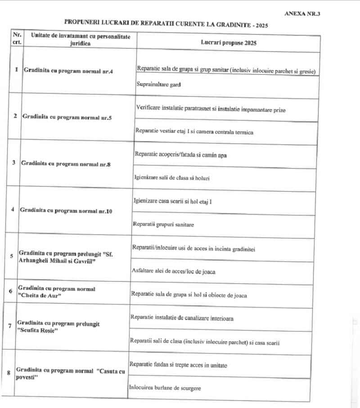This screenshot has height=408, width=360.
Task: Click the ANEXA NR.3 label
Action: coord(302,13)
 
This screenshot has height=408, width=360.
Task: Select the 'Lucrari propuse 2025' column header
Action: coord(229,42)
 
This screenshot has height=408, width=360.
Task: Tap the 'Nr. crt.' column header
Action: coord(17,38)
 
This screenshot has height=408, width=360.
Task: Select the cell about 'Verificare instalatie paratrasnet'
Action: coord(210,109)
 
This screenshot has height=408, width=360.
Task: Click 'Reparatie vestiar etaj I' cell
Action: coord(194,132)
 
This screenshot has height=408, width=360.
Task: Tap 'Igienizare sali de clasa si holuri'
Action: coord(172,178)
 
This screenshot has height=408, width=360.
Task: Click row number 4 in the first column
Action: coord(12,210)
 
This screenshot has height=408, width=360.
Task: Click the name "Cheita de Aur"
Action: coord(40,296)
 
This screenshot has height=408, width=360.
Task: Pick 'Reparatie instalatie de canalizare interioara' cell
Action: coord(182,318)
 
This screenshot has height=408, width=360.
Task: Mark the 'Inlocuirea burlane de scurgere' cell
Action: coord(165,388)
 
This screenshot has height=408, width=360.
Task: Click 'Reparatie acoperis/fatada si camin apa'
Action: coord(180,154)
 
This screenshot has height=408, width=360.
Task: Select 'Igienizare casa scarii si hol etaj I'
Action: coord(173,201)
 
